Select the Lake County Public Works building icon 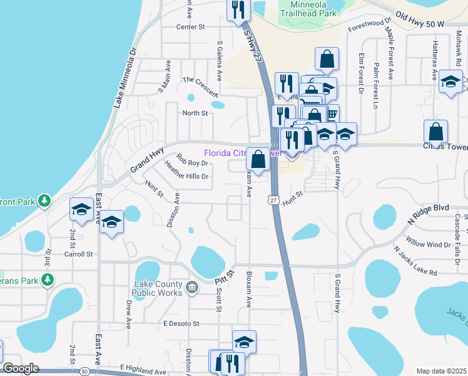(x=192, y=288)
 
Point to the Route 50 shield (x=84, y=372)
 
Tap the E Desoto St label (x=181, y=324)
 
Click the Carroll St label (x=78, y=254)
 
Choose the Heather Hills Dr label (x=186, y=176)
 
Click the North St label (x=195, y=113)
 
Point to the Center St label (x=191, y=27)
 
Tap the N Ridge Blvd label (x=429, y=207)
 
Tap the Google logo (x=21, y=369)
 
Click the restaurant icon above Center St (x=238, y=9)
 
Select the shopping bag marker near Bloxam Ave (x=258, y=159)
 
